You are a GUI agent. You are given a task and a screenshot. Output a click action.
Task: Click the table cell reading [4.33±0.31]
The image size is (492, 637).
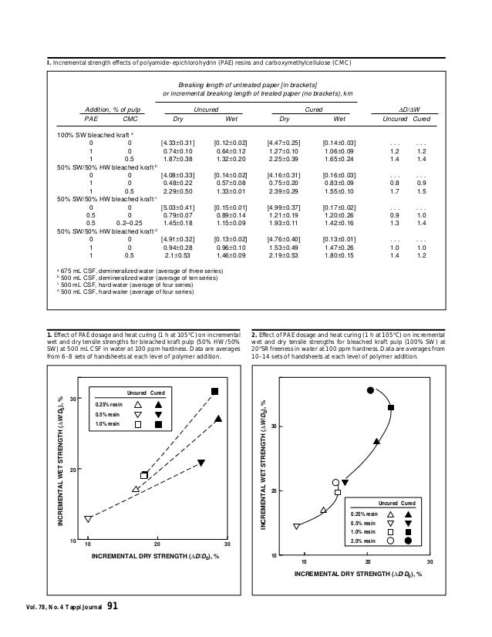[177, 143]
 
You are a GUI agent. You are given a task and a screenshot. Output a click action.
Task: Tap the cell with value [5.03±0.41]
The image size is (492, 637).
[177, 205]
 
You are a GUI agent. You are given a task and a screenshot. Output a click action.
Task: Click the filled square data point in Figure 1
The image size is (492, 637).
[215, 392]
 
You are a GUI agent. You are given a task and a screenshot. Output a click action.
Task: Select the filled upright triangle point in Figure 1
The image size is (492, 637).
[219, 419]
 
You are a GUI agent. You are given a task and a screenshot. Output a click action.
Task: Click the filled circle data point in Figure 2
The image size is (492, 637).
[370, 391]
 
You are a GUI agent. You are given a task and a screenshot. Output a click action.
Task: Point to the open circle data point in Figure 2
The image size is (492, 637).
[335, 483]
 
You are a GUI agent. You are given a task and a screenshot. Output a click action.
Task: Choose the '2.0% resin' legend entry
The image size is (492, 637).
[366, 541]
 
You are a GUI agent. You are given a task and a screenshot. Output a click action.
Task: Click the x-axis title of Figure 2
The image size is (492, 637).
[358, 575]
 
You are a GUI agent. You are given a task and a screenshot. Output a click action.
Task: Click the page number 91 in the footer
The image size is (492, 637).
[112, 609]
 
